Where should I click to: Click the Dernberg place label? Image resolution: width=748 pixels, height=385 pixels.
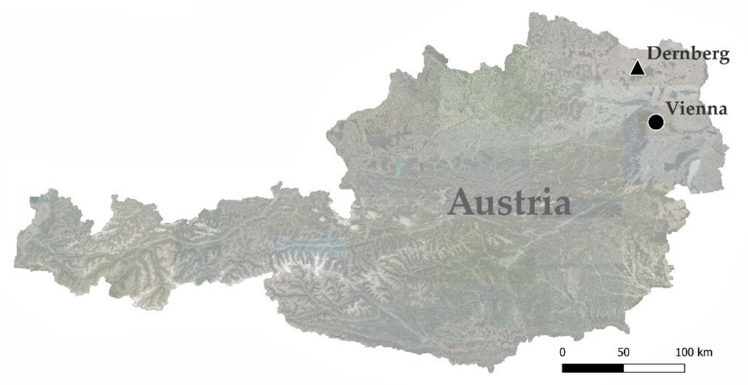(688, 54)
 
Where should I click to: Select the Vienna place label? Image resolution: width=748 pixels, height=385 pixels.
(696, 109)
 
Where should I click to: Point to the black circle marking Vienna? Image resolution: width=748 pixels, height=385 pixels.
(656, 122)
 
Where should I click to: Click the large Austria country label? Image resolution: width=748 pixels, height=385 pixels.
(510, 202)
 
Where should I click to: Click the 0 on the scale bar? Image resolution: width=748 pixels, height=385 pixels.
(562, 353)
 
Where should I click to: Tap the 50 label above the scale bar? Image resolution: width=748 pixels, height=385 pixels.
(623, 353)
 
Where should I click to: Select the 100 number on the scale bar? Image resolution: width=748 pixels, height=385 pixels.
(686, 353)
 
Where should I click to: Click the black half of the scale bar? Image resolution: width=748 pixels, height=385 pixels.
(593, 368)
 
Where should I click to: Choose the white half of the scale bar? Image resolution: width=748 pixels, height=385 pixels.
(654, 368)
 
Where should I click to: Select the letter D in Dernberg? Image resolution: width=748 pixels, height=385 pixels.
(654, 54)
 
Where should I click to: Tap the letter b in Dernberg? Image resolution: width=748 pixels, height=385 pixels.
(698, 54)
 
